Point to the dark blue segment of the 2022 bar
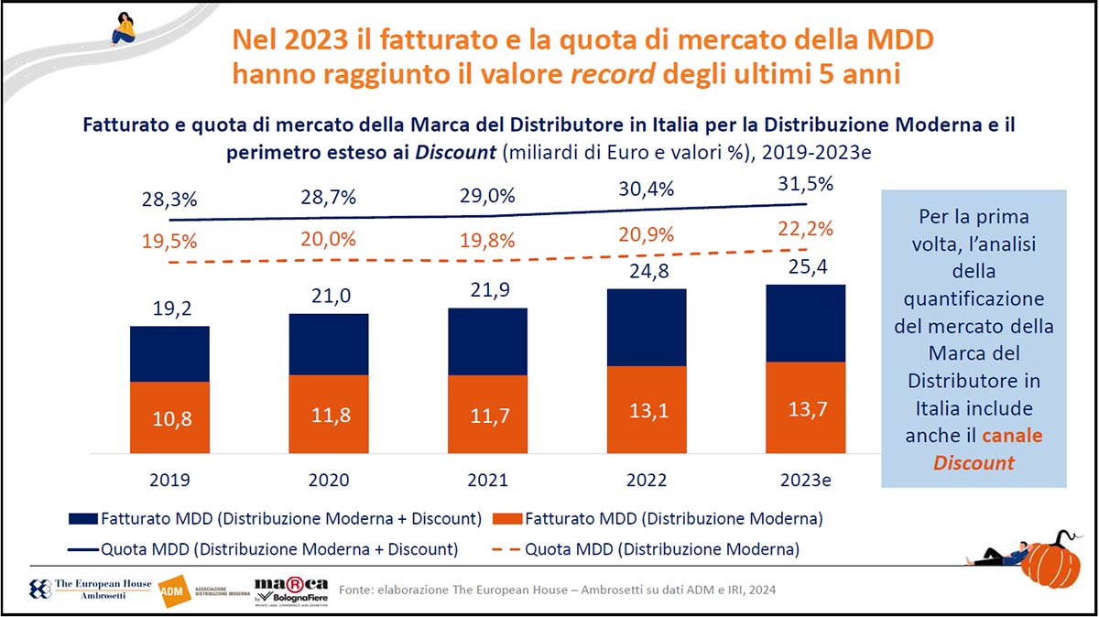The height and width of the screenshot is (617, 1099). [x=646, y=328]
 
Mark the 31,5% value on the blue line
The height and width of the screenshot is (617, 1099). [x=806, y=184]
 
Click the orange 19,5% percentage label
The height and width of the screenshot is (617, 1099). [x=169, y=242]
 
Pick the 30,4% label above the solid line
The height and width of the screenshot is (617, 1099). [x=647, y=189]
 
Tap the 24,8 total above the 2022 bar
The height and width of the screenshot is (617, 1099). [x=647, y=273]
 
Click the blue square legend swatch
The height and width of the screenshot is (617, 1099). [x=82, y=519]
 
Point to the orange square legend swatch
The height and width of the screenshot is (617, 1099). [x=507, y=519]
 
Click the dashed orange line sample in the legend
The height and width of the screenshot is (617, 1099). [x=507, y=550]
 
